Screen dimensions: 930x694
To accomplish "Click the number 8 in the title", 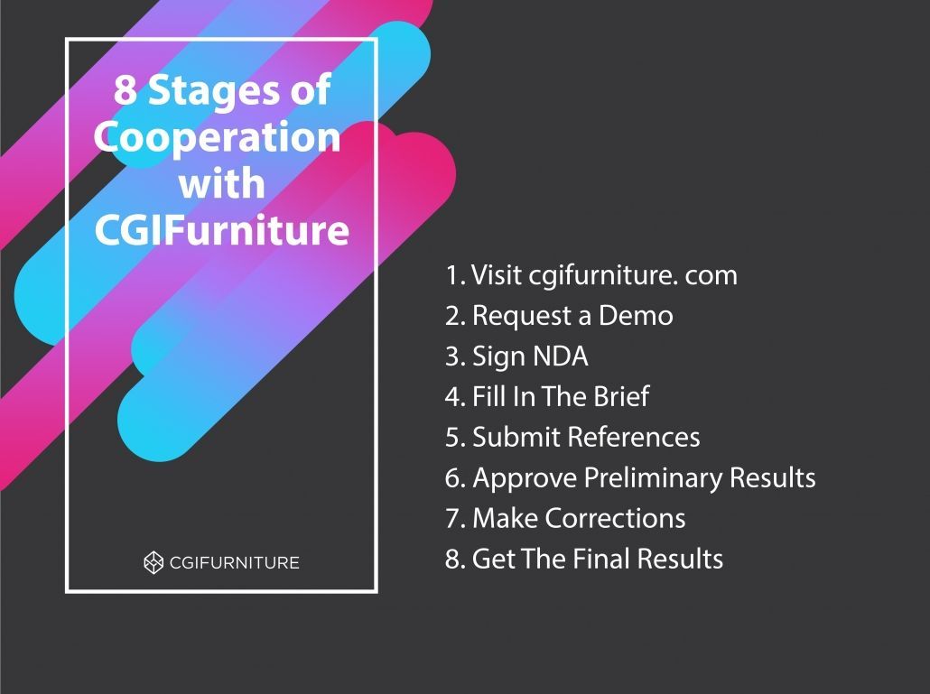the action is point(124,90).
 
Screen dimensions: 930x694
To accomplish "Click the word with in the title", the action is point(221,183).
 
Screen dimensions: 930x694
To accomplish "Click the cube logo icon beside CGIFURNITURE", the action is point(153,562).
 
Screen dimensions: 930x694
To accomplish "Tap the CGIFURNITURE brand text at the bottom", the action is point(234,562).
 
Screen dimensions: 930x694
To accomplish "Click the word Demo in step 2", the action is point(636,315).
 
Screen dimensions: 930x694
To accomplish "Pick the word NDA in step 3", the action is point(559,356).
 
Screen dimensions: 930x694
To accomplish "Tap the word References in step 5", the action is point(634,438).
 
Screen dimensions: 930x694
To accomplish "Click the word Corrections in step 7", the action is point(615,518).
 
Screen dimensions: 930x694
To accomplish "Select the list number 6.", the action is point(455,478).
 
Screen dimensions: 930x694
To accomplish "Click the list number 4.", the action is point(455,397).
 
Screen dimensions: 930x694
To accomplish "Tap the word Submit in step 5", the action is point(516,438).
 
